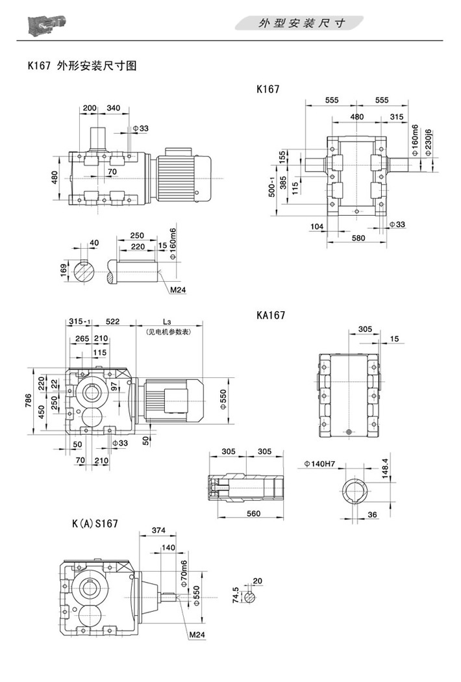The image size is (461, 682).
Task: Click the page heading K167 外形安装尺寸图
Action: click(81, 66)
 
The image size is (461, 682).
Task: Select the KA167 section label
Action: click(271, 315)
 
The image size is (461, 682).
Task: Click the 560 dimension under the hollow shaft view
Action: click(254, 513)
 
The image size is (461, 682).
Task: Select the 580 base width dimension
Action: click(358, 238)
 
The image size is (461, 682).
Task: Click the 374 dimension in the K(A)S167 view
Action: click(158, 531)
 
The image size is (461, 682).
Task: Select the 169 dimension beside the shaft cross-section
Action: click(64, 268)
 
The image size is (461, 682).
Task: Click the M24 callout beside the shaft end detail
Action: click(178, 290)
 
